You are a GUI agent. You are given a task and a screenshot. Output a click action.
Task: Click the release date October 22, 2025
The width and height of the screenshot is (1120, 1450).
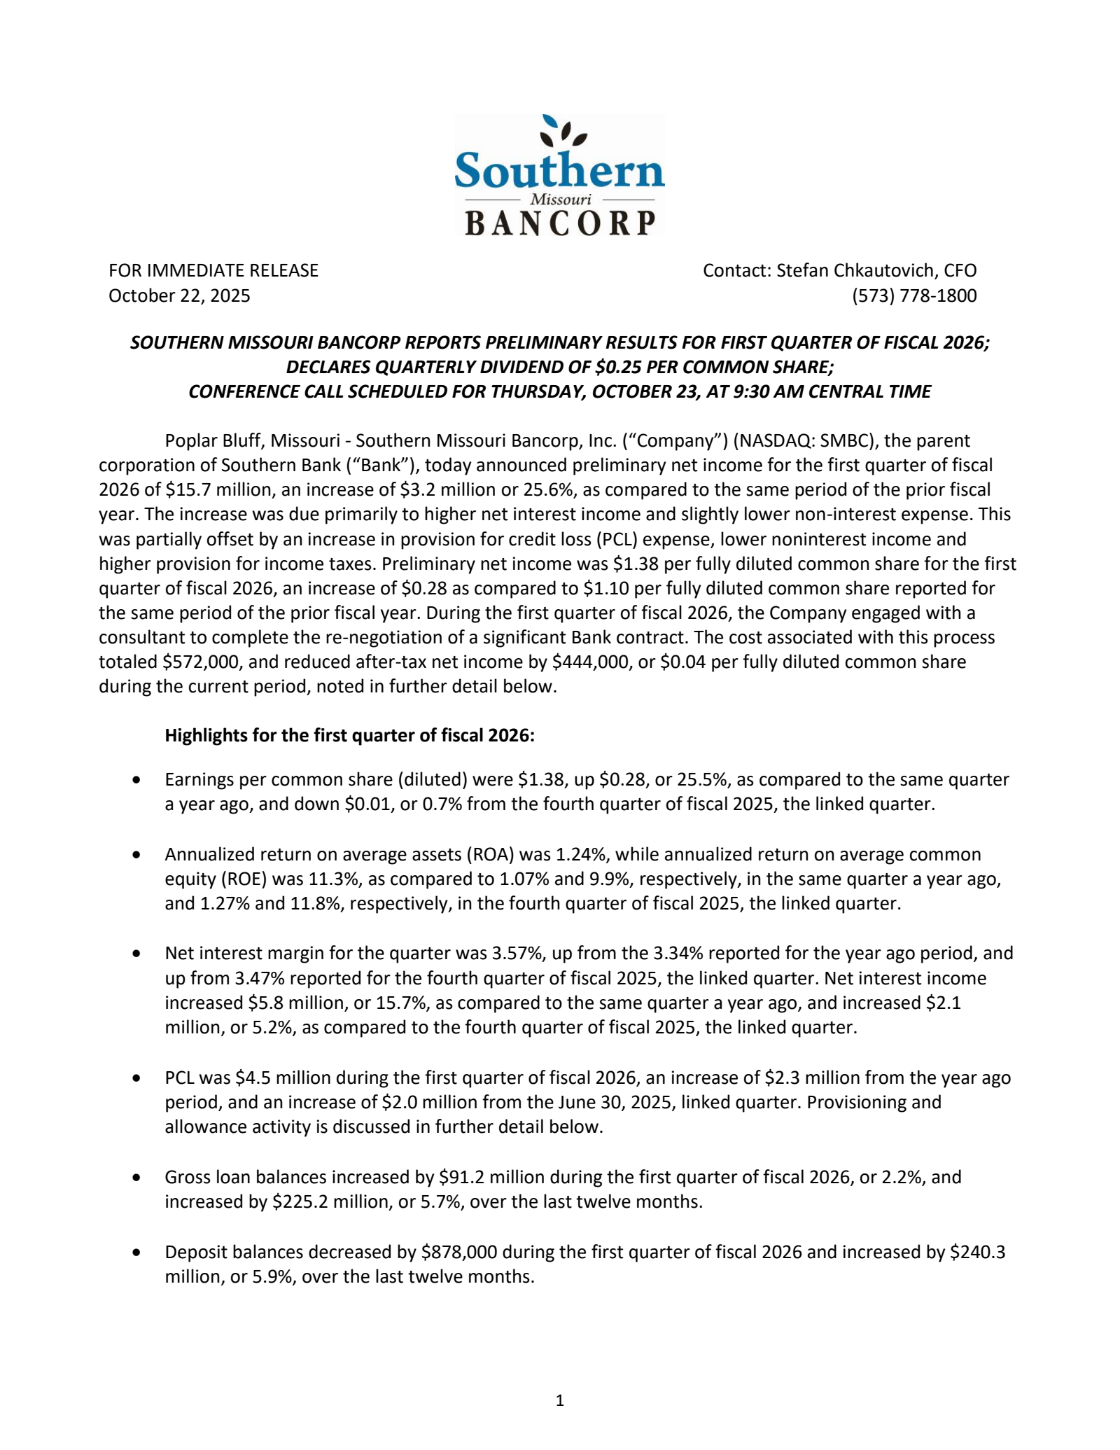click(x=179, y=295)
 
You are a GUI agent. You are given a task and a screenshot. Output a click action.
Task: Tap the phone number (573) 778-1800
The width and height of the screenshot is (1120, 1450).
click(x=913, y=295)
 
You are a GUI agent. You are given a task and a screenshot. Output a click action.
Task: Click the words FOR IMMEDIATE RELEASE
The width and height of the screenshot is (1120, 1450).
click(x=213, y=270)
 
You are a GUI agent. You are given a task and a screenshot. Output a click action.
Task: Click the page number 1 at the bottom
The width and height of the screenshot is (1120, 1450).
click(x=559, y=1400)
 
